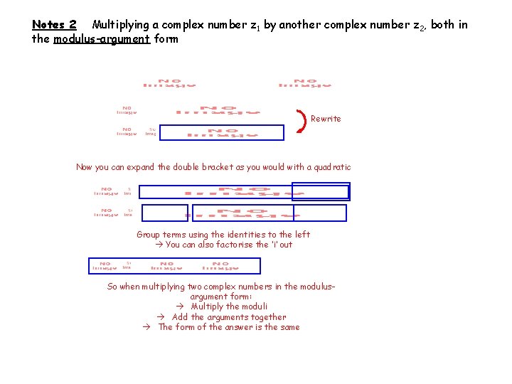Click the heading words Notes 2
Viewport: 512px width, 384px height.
click(x=54, y=25)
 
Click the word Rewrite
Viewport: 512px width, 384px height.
click(x=326, y=119)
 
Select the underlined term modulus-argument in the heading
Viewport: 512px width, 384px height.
click(x=101, y=39)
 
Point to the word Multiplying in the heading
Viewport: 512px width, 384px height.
click(x=120, y=25)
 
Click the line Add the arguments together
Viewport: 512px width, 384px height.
click(x=229, y=317)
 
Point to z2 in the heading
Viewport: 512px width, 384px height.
click(x=420, y=26)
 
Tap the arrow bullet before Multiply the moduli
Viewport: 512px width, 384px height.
click(x=181, y=306)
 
